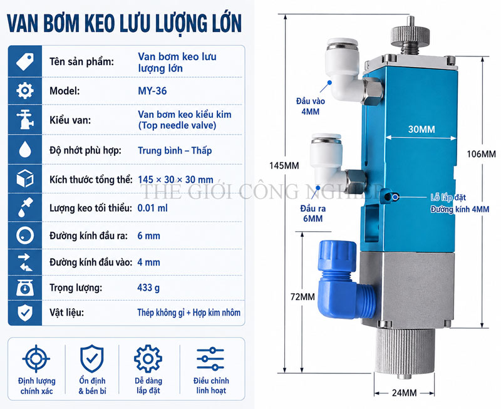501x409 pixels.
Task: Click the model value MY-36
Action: tap(152, 91)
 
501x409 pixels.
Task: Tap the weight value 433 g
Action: tap(148, 288)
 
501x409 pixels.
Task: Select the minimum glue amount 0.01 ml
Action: tap(152, 209)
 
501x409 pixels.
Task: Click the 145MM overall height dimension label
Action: tap(284, 165)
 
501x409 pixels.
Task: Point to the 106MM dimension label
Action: tap(481, 154)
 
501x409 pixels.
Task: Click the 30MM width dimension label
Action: tap(421, 130)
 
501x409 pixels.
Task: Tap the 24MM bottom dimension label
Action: tap(404, 393)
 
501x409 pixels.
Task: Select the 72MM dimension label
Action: tap(302, 297)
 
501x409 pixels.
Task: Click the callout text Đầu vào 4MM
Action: tap(310, 106)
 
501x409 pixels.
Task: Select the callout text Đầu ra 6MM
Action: tap(312, 214)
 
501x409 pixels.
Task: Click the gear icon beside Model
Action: tap(24, 91)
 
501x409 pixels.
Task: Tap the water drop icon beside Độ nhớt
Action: tap(25, 149)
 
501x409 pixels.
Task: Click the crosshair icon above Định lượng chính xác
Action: tap(36, 358)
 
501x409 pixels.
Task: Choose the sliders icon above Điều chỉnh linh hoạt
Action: tap(210, 359)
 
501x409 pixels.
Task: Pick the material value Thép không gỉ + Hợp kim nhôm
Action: tap(189, 313)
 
